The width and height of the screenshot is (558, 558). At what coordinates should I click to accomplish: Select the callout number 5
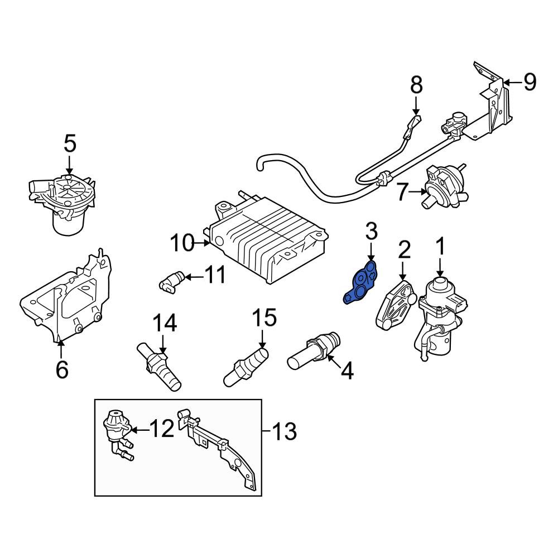coord(70,144)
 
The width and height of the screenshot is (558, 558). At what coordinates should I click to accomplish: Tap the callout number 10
coord(182,243)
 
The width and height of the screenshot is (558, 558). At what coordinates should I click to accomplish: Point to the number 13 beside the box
coord(285,431)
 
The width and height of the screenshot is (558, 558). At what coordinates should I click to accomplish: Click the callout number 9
coord(530,82)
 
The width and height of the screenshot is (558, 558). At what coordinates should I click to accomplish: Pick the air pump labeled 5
coord(62,203)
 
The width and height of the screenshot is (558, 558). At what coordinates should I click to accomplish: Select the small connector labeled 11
coord(171,282)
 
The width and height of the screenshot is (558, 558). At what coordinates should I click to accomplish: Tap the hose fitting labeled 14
coord(159,367)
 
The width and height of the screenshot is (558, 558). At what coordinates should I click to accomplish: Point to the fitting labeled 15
coord(246,367)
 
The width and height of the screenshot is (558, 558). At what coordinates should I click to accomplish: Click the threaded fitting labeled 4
coord(314,350)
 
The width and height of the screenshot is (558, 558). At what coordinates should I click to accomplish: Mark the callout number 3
coord(371,231)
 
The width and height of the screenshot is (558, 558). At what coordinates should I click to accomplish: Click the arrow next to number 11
coord(194,277)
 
